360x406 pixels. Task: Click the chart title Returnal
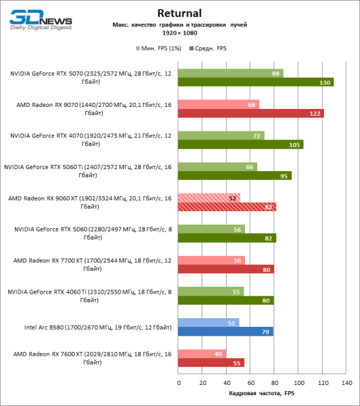click(179, 12)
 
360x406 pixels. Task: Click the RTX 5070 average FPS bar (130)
click(256, 83)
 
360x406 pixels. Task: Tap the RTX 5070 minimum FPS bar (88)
click(230, 73)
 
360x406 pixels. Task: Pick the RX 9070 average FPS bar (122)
click(251, 114)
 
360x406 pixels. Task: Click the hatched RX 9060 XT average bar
click(227, 207)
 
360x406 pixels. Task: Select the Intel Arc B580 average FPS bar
click(225, 332)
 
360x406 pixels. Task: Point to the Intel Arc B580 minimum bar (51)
click(208, 322)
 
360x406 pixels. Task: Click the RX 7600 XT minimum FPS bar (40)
click(202, 353)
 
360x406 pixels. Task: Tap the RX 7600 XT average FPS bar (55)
click(211, 363)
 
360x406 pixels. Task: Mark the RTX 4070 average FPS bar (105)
click(241, 145)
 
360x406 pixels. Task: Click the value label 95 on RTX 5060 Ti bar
click(282, 176)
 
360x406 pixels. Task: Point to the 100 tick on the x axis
click(299, 382)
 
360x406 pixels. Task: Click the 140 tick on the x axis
click(347, 382)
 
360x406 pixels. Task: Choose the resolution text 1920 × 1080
click(179, 32)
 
